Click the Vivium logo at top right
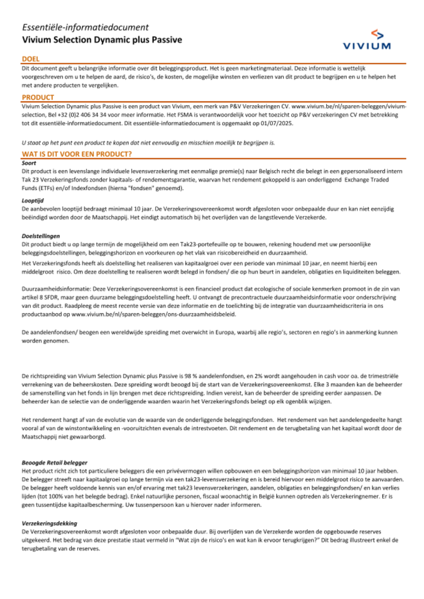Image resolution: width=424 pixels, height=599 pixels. (366, 40)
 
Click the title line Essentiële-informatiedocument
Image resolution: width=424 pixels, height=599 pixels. (85, 28)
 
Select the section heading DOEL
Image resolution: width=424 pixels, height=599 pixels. (31, 59)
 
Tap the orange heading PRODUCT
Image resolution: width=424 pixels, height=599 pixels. (38, 97)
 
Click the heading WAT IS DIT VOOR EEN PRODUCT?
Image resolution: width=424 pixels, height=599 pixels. (77, 154)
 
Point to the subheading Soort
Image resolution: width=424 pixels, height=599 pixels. (29, 163)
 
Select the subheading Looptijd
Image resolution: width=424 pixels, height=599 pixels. (33, 201)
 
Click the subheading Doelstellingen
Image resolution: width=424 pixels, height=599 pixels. (41, 236)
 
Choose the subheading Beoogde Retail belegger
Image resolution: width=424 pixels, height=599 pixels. (54, 462)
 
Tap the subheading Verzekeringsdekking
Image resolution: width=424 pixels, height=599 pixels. (49, 523)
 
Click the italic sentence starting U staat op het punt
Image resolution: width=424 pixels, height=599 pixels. (148, 143)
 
